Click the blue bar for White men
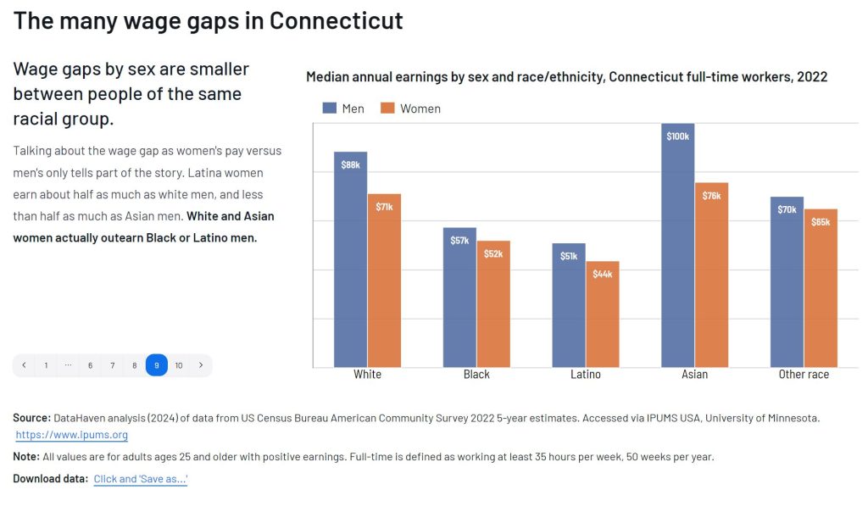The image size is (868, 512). tap(350, 259)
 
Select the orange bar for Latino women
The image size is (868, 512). tap(602, 314)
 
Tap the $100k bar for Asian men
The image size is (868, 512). tap(677, 246)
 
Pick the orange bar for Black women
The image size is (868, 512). tap(493, 303)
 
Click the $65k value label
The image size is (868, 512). tap(821, 222)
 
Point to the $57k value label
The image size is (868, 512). tap(459, 241)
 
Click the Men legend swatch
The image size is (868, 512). tap(330, 109)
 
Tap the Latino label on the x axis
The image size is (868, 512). tap(585, 375)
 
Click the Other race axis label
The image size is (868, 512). tap(804, 375)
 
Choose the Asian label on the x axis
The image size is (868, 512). tap(694, 375)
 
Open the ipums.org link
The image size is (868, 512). tap(72, 436)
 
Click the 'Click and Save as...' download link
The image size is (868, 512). tap(141, 480)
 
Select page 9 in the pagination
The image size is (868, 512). tap(157, 365)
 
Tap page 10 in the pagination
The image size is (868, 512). tap(179, 365)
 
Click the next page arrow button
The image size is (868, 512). tap(201, 365)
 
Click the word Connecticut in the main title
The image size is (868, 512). tap(336, 20)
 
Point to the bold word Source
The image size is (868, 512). tap(31, 418)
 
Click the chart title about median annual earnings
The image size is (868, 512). tap(566, 77)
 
